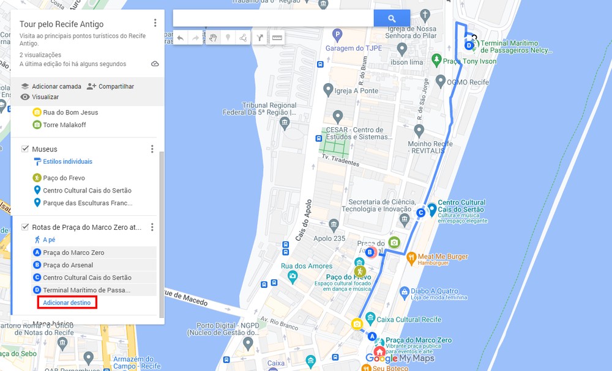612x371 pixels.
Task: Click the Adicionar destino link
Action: click(x=67, y=303)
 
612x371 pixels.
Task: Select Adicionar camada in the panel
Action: click(x=56, y=87)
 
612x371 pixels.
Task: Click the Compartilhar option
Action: click(x=116, y=87)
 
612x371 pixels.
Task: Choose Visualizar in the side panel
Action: click(x=45, y=97)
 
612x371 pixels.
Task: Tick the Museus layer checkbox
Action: click(x=25, y=149)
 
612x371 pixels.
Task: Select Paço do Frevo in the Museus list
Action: click(x=64, y=178)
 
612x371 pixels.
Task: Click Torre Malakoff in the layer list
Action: click(x=64, y=125)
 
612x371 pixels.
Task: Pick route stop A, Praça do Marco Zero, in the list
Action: click(x=73, y=252)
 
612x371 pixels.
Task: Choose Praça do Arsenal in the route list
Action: click(x=68, y=265)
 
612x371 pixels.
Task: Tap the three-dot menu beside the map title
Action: click(x=155, y=23)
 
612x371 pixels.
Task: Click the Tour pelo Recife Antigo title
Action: click(x=62, y=24)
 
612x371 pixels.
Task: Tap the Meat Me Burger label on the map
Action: click(x=443, y=257)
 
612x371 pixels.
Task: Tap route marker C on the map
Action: click(x=420, y=213)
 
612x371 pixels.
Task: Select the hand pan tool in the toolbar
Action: click(x=212, y=38)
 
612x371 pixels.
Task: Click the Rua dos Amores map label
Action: click(x=307, y=266)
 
